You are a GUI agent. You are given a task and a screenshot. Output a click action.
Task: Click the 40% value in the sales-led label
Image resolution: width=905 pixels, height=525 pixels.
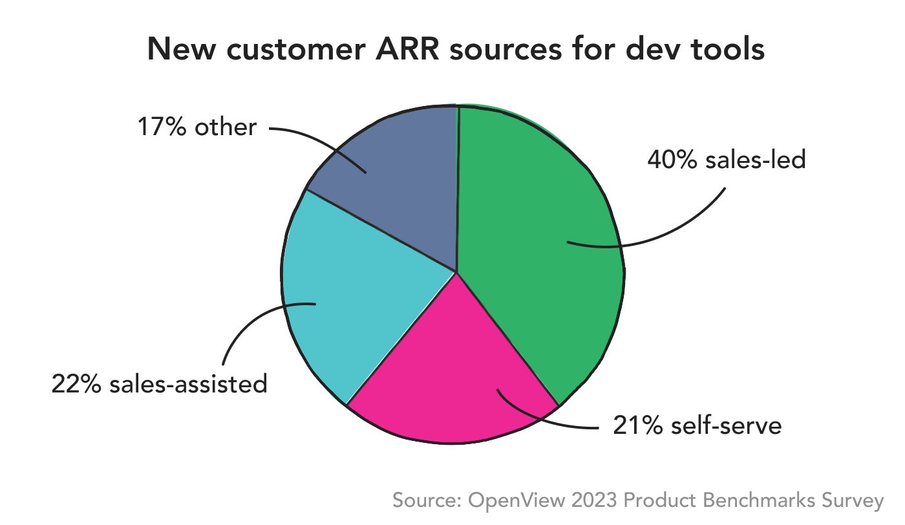672,160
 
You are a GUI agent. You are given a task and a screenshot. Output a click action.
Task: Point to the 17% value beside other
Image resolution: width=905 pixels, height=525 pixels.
162,127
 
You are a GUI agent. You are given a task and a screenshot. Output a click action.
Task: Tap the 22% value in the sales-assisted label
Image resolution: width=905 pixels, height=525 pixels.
76,384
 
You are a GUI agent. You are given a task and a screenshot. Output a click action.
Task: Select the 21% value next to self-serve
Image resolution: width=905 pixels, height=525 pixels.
637,425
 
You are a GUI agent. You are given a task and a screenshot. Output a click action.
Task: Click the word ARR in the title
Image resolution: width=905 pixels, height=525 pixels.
407,49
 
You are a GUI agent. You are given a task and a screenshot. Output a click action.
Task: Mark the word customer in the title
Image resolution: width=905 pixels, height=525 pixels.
296,50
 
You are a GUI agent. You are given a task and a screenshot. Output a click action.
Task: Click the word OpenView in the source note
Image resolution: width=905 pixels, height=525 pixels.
516,500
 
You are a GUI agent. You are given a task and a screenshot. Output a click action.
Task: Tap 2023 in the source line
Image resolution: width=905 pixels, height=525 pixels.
594,500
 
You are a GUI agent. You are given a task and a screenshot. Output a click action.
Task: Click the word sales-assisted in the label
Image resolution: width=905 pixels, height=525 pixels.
188,383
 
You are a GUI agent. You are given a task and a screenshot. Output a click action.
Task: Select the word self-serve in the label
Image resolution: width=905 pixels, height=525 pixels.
727,425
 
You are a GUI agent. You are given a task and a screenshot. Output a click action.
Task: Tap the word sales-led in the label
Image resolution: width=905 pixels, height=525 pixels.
756,159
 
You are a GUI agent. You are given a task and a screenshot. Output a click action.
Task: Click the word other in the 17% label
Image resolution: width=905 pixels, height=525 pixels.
226,127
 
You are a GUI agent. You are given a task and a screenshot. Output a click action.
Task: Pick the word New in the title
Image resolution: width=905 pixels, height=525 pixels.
182,49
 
